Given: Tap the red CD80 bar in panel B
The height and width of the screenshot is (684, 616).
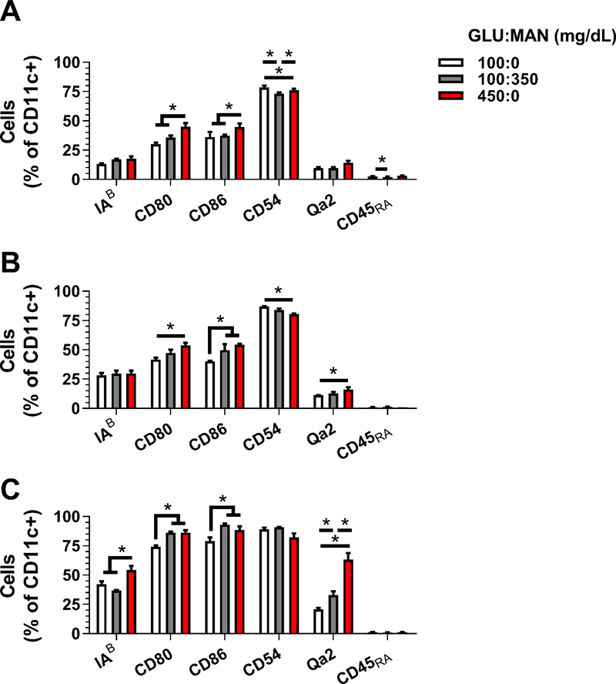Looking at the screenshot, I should point(185,377).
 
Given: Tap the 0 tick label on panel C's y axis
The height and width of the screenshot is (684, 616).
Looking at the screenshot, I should point(79,633).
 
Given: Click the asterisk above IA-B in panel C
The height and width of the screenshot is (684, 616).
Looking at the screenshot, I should point(122,550).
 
